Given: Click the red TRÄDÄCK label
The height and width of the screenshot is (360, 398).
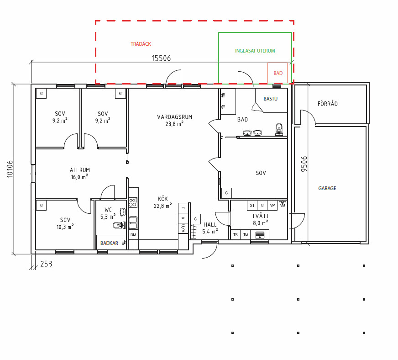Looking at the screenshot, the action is coord(141,44).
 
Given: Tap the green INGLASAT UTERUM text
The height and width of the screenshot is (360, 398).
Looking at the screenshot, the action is coord(255,51).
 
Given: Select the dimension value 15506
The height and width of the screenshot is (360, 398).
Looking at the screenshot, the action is coord(162,58).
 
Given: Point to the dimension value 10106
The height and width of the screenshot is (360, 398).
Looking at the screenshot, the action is coord(10,169).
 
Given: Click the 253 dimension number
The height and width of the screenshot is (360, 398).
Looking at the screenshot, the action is coord(46,264).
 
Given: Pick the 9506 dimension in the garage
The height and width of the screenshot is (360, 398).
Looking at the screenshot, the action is coord(304,164).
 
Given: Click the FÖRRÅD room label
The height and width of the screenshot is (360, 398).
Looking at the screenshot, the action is coord(327,103).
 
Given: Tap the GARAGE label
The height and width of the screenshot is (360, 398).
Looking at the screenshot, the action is coord(327,188).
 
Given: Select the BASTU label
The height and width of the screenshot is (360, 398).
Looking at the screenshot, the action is coord(271,99).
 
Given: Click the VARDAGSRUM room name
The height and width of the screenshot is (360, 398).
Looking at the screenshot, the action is coord(175,117).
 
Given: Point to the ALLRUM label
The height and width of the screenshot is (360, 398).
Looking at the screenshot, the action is coord(80,170).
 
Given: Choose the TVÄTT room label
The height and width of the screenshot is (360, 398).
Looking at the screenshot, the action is coord(261,216).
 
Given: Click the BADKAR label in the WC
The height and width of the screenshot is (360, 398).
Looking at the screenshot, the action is coord(109,243).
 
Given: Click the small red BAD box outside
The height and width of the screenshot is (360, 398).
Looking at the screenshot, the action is coord(278,73).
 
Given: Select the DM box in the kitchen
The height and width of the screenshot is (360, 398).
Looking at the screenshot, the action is coord(133,235).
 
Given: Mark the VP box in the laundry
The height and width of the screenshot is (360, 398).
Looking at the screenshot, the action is coord(272,205).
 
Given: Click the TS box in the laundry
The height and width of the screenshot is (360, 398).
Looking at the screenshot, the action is coord(236,234).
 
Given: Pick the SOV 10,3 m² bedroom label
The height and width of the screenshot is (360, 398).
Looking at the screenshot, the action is coord(65,223).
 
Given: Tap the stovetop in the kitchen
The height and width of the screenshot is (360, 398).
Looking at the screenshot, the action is coord(133,202).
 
